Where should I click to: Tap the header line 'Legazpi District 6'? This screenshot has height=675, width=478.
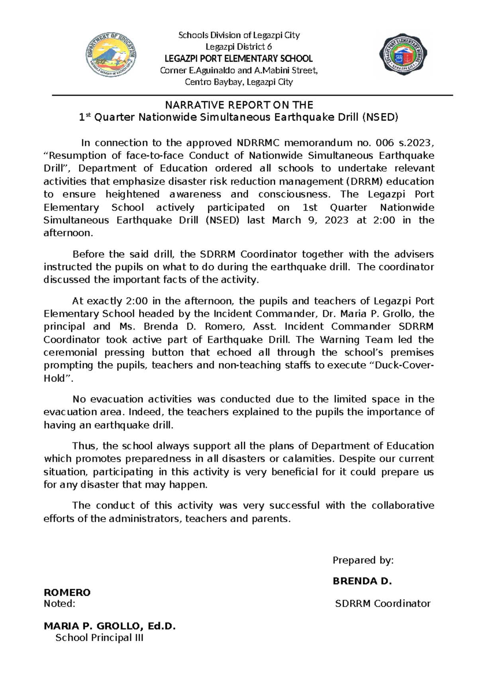tap(239, 47)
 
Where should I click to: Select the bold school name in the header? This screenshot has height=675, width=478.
tap(239, 59)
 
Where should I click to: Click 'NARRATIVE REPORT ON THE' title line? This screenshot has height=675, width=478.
tap(239, 105)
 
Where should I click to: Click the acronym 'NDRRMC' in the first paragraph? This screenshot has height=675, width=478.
tap(258, 143)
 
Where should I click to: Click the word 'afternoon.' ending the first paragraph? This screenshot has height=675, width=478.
tap(68, 233)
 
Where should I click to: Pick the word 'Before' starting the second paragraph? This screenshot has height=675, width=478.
tap(88, 254)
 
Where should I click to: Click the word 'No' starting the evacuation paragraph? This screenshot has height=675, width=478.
tap(79, 399)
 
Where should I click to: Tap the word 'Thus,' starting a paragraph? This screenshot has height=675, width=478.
tap(85, 446)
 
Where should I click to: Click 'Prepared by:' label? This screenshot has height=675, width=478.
tap(363, 560)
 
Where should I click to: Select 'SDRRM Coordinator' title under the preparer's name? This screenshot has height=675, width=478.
tap(382, 604)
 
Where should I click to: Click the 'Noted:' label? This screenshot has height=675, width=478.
tap(59, 604)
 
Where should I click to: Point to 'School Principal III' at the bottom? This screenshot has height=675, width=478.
tap(99, 638)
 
